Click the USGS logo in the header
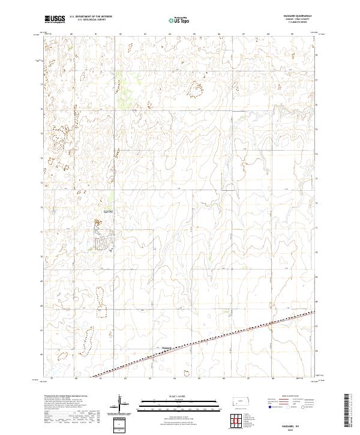coord(55,20)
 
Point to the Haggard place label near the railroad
coord(167,346)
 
